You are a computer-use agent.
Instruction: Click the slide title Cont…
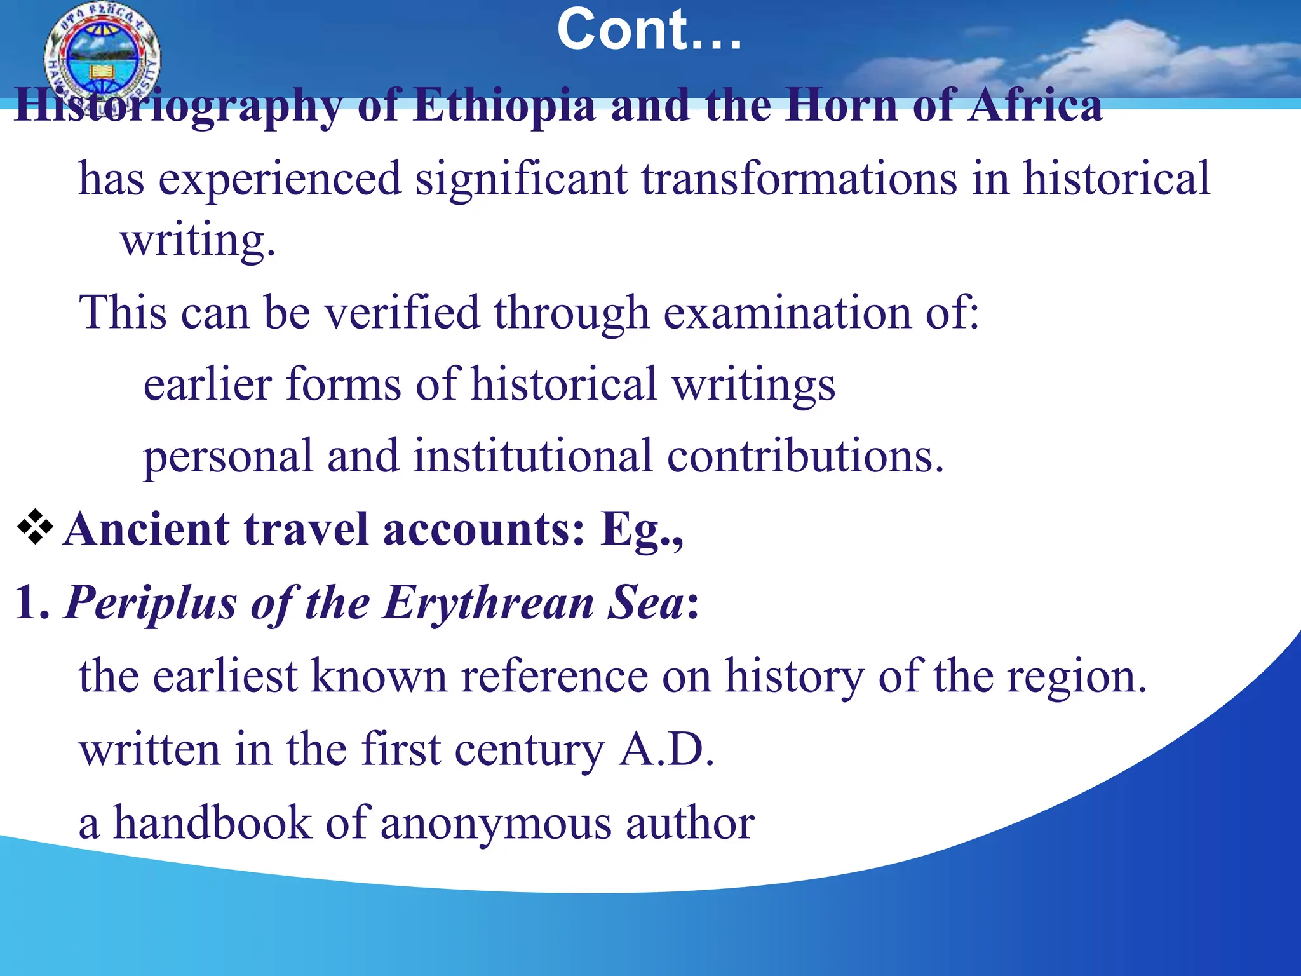click(649, 30)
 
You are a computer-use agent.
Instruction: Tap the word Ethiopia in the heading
click(504, 105)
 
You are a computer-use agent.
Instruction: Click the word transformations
click(799, 180)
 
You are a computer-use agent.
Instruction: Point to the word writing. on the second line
click(198, 241)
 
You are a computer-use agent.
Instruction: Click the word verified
click(402, 313)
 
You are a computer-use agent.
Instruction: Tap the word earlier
click(207, 384)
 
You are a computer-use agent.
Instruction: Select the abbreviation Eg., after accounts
click(642, 530)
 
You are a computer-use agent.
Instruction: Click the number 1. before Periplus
click(32, 602)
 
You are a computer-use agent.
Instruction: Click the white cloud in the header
click(1118, 54)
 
